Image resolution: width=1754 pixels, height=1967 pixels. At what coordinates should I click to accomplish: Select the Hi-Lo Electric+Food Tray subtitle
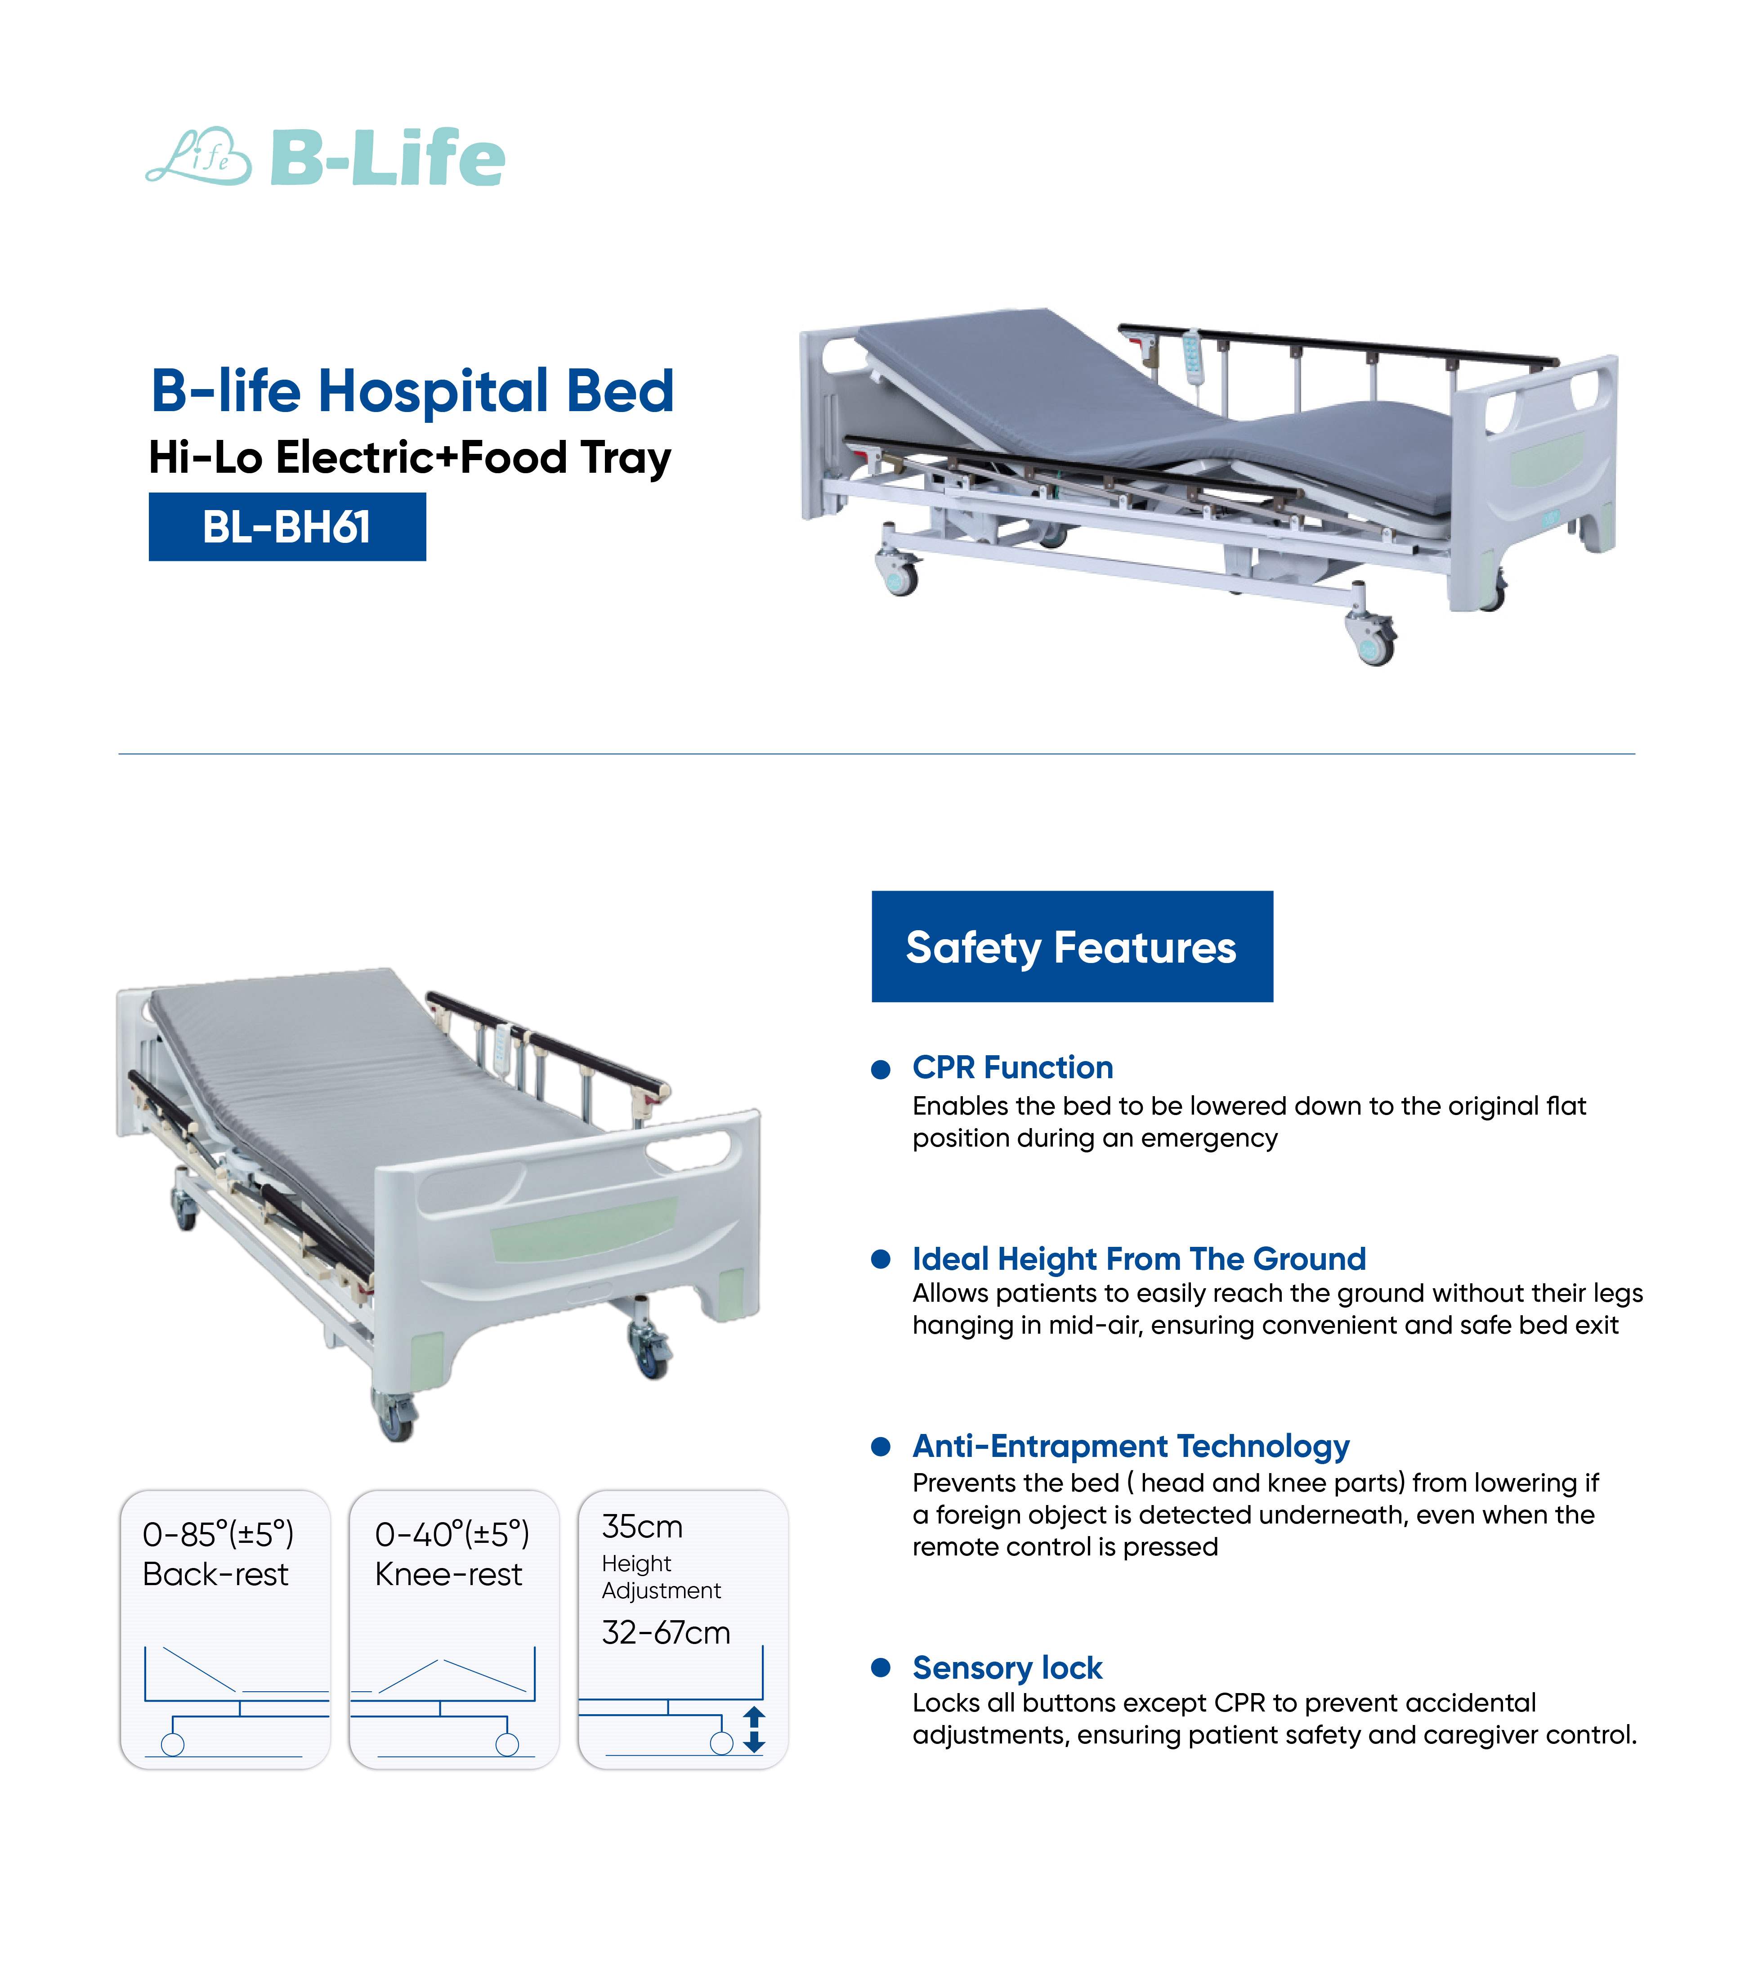click(410, 458)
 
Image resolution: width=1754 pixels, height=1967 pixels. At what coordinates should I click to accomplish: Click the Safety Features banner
click(1072, 946)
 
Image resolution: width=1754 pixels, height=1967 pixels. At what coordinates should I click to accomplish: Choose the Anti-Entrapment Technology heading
click(1131, 1447)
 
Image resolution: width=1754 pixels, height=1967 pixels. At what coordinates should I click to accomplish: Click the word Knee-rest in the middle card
click(448, 1575)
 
